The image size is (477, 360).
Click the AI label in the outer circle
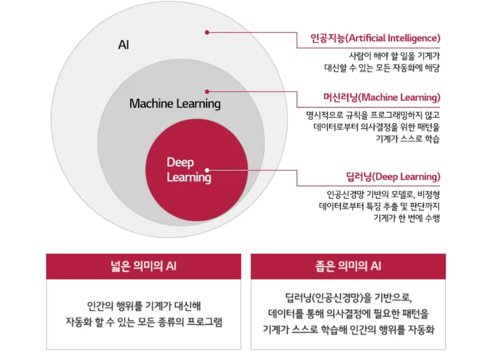tap(123, 45)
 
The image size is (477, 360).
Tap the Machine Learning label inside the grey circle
tap(175, 103)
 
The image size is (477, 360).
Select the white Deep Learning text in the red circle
tap(189, 170)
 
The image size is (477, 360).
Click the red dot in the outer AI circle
tap(207, 32)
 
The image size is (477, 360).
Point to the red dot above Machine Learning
tap(207, 91)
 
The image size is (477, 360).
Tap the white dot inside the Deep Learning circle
tap(207, 170)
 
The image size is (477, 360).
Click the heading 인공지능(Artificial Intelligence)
tap(375, 38)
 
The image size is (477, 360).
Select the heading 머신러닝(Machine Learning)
tap(382, 98)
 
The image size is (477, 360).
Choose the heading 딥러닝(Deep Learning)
tap(393, 177)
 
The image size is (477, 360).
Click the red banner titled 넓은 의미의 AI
tap(144, 266)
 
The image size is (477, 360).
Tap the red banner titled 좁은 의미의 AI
tap(348, 266)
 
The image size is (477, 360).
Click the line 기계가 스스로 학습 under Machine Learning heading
tap(408, 139)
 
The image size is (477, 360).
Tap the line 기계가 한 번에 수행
tap(407, 218)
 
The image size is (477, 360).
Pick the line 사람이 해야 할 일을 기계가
tap(394, 56)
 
